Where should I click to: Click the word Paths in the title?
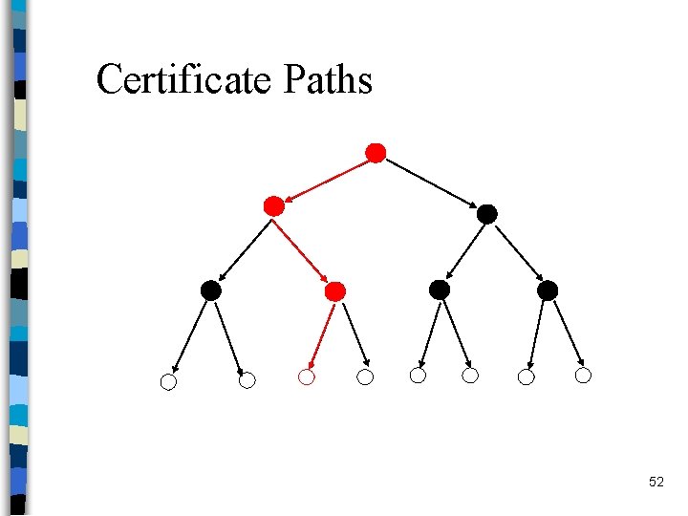[x=327, y=79]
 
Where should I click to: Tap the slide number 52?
[x=656, y=483]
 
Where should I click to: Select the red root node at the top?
[x=376, y=153]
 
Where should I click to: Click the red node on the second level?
[x=274, y=205]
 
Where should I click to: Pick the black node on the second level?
[x=487, y=214]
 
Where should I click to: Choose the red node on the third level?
[x=334, y=290]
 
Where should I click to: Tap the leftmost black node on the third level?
[x=211, y=290]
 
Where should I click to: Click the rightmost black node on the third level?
[x=548, y=290]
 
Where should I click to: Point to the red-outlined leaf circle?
[x=306, y=377]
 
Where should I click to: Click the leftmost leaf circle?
[x=168, y=383]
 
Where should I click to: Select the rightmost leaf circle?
[x=583, y=376]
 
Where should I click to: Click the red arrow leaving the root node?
[x=327, y=179]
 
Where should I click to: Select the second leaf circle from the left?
[x=247, y=380]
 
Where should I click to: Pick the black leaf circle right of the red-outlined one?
[x=365, y=377]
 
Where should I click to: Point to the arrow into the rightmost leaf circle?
[x=566, y=333]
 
